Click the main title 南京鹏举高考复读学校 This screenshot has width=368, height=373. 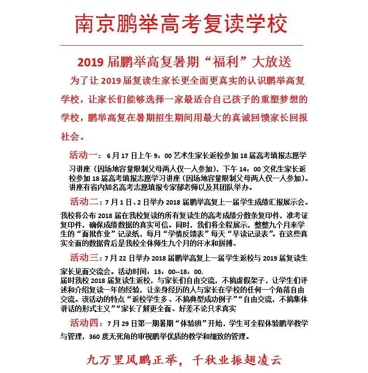181,23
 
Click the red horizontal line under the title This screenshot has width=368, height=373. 181,45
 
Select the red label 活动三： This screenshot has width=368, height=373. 86,258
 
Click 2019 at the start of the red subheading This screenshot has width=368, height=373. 90,61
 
